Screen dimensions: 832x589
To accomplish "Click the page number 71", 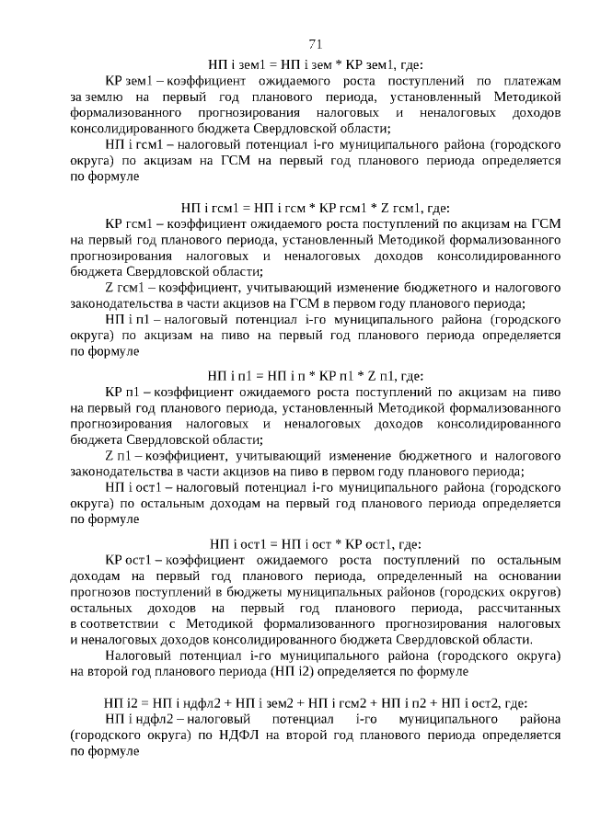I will [x=315, y=43].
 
